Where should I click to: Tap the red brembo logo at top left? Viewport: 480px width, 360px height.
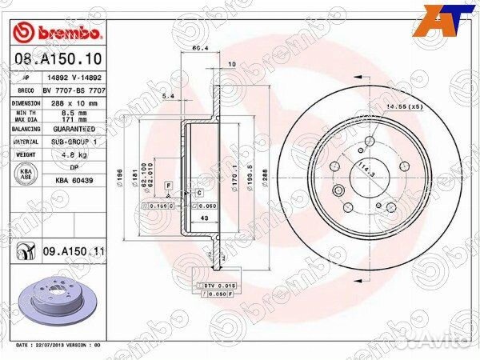point(58,33)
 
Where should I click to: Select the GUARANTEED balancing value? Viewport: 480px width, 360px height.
point(74,129)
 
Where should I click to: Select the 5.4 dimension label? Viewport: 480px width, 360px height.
point(168,97)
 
